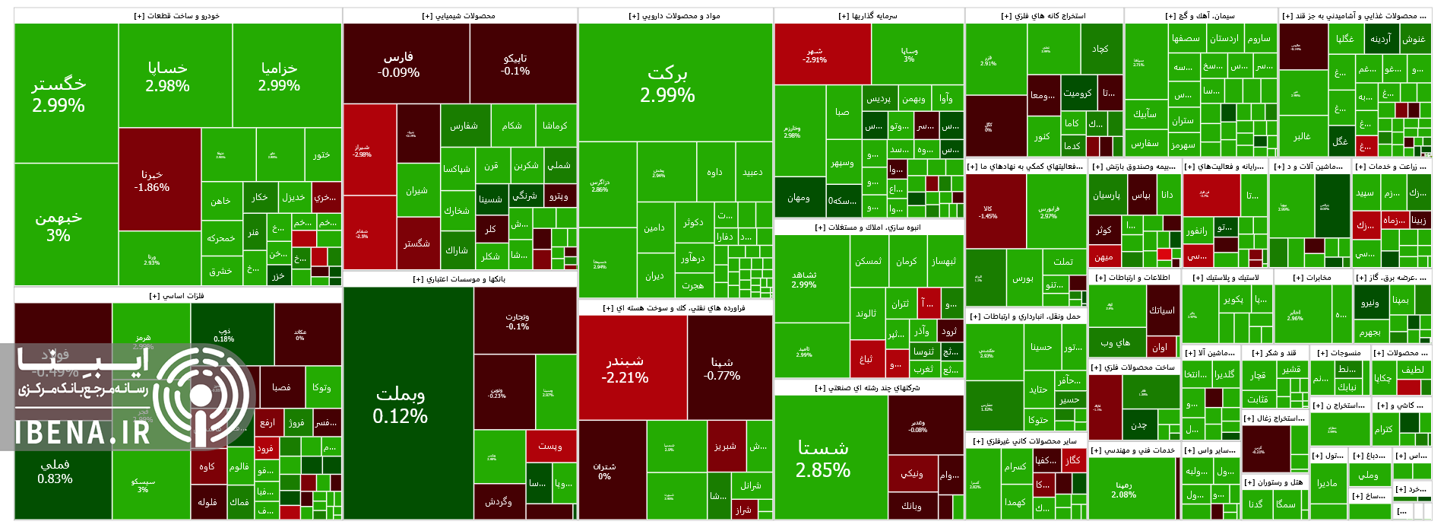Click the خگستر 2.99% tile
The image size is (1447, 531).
tap(59, 94)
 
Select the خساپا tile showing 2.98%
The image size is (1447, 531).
tap(168, 76)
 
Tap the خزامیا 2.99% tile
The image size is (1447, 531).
tap(279, 76)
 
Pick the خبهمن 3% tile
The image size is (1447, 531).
tap(59, 226)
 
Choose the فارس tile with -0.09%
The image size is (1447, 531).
tap(398, 65)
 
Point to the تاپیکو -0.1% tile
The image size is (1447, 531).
tap(515, 64)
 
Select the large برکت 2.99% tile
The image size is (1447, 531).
tap(667, 84)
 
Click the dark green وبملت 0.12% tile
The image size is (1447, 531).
tap(400, 405)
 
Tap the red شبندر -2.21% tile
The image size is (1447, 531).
tap(625, 368)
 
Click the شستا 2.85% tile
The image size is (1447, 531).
tap(823, 459)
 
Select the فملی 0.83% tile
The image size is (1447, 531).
tap(55, 472)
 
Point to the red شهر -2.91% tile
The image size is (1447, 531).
tap(814, 55)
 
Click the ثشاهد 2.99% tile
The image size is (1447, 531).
tap(804, 279)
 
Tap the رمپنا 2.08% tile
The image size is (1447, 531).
tap(1124, 489)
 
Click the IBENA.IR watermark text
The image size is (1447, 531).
tap(84, 432)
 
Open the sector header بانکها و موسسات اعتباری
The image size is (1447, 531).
tap(459, 279)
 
